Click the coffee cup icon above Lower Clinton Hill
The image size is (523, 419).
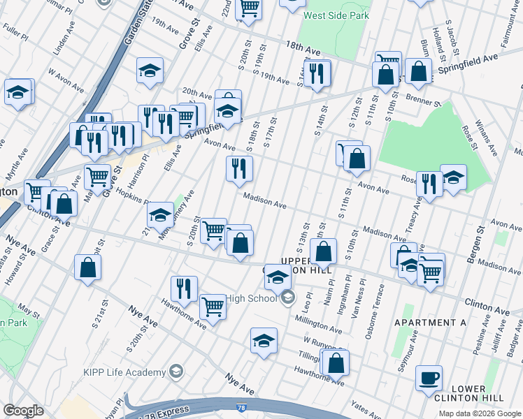pos(429,378)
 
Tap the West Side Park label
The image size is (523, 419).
pos(334,14)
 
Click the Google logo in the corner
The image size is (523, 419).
pos(23,411)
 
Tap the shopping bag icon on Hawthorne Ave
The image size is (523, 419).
pos(336,362)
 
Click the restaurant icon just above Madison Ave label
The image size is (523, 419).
pos(239,168)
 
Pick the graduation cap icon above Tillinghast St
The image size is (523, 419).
pos(264,340)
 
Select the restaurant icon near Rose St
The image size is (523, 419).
pos(429,184)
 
